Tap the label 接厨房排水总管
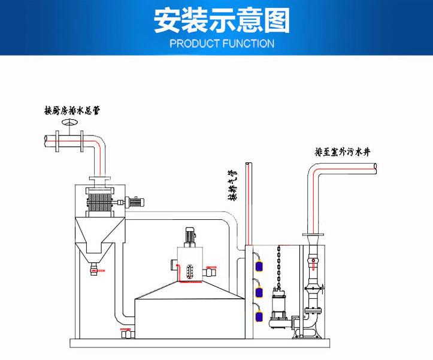pyautogui.click(x=71, y=110)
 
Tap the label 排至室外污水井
pyautogui.click(x=343, y=152)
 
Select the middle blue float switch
pyautogui.click(x=259, y=291)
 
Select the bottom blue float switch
pyautogui.click(x=259, y=316)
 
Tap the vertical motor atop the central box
pyautogui.click(x=190, y=235)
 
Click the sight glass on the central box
pyautogui.click(x=190, y=271)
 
